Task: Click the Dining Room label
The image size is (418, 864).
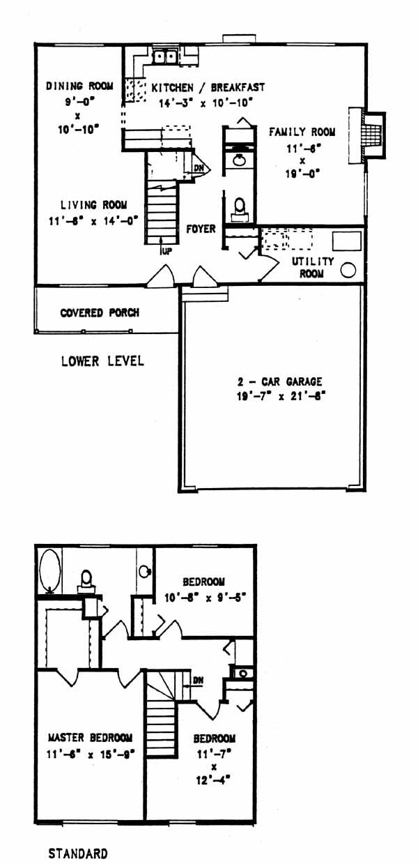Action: pyautogui.click(x=79, y=86)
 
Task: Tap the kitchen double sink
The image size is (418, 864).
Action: pyautogui.click(x=164, y=56)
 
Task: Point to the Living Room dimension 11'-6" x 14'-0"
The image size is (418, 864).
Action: pyautogui.click(x=93, y=221)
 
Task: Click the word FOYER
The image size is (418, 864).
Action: pyautogui.click(x=201, y=229)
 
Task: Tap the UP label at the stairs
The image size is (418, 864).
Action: pyautogui.click(x=167, y=251)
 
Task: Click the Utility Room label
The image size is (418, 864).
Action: pyautogui.click(x=312, y=267)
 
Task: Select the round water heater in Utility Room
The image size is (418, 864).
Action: pyautogui.click(x=348, y=270)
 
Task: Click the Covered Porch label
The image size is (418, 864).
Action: pyautogui.click(x=100, y=312)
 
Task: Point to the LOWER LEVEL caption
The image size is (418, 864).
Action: pyautogui.click(x=103, y=361)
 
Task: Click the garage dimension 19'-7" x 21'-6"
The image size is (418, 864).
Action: pyautogui.click(x=281, y=396)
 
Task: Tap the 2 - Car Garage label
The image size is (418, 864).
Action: pyautogui.click(x=279, y=382)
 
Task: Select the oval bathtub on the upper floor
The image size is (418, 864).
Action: pyautogui.click(x=49, y=571)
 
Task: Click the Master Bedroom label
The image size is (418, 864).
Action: pyautogui.click(x=90, y=738)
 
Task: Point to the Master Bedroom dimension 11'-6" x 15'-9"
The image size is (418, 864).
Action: pyautogui.click(x=91, y=754)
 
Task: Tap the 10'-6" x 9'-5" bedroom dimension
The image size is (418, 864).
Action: pyautogui.click(x=206, y=598)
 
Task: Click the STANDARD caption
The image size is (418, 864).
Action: pyautogui.click(x=78, y=854)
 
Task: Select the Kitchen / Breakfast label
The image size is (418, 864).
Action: pyautogui.click(x=208, y=88)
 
